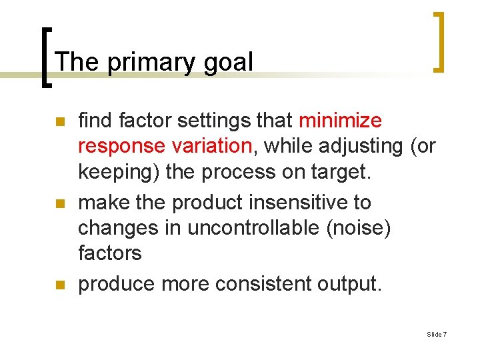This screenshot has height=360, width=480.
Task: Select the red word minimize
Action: [340, 121]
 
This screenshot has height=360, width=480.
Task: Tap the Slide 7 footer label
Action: [437, 334]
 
